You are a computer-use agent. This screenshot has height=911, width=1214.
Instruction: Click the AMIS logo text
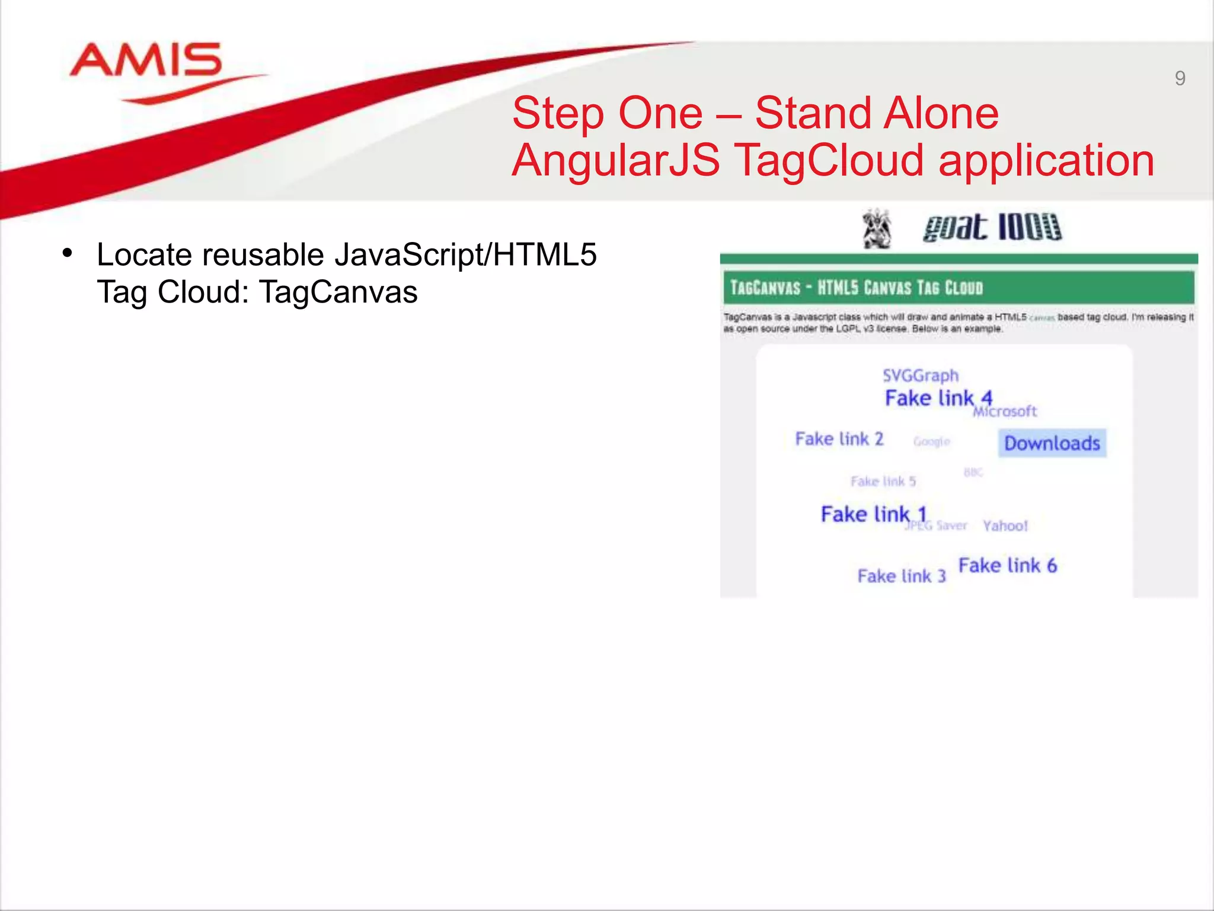[146, 60]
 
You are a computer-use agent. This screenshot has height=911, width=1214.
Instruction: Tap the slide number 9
[1180, 78]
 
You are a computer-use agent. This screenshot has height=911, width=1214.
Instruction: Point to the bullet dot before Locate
[67, 254]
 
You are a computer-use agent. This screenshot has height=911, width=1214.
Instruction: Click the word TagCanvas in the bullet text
[338, 292]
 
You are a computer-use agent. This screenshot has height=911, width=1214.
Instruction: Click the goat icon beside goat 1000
[877, 228]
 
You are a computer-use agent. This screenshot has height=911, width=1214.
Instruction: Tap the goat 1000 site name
[992, 227]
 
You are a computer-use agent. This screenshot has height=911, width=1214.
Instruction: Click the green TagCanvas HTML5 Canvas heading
[857, 288]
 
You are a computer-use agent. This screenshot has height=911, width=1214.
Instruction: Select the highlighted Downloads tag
[1052, 443]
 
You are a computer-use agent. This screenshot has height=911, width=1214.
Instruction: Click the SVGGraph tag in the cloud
[920, 375]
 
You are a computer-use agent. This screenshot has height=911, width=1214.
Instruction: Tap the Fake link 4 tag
[938, 398]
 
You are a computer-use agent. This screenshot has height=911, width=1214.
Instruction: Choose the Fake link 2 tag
[839, 439]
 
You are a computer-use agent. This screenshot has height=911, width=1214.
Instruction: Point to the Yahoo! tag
[1005, 525]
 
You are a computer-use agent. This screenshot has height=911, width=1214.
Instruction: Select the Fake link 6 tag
[1007, 565]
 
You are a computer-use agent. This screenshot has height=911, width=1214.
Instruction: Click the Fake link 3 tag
[901, 576]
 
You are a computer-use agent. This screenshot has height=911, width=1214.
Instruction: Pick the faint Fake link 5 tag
[883, 481]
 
